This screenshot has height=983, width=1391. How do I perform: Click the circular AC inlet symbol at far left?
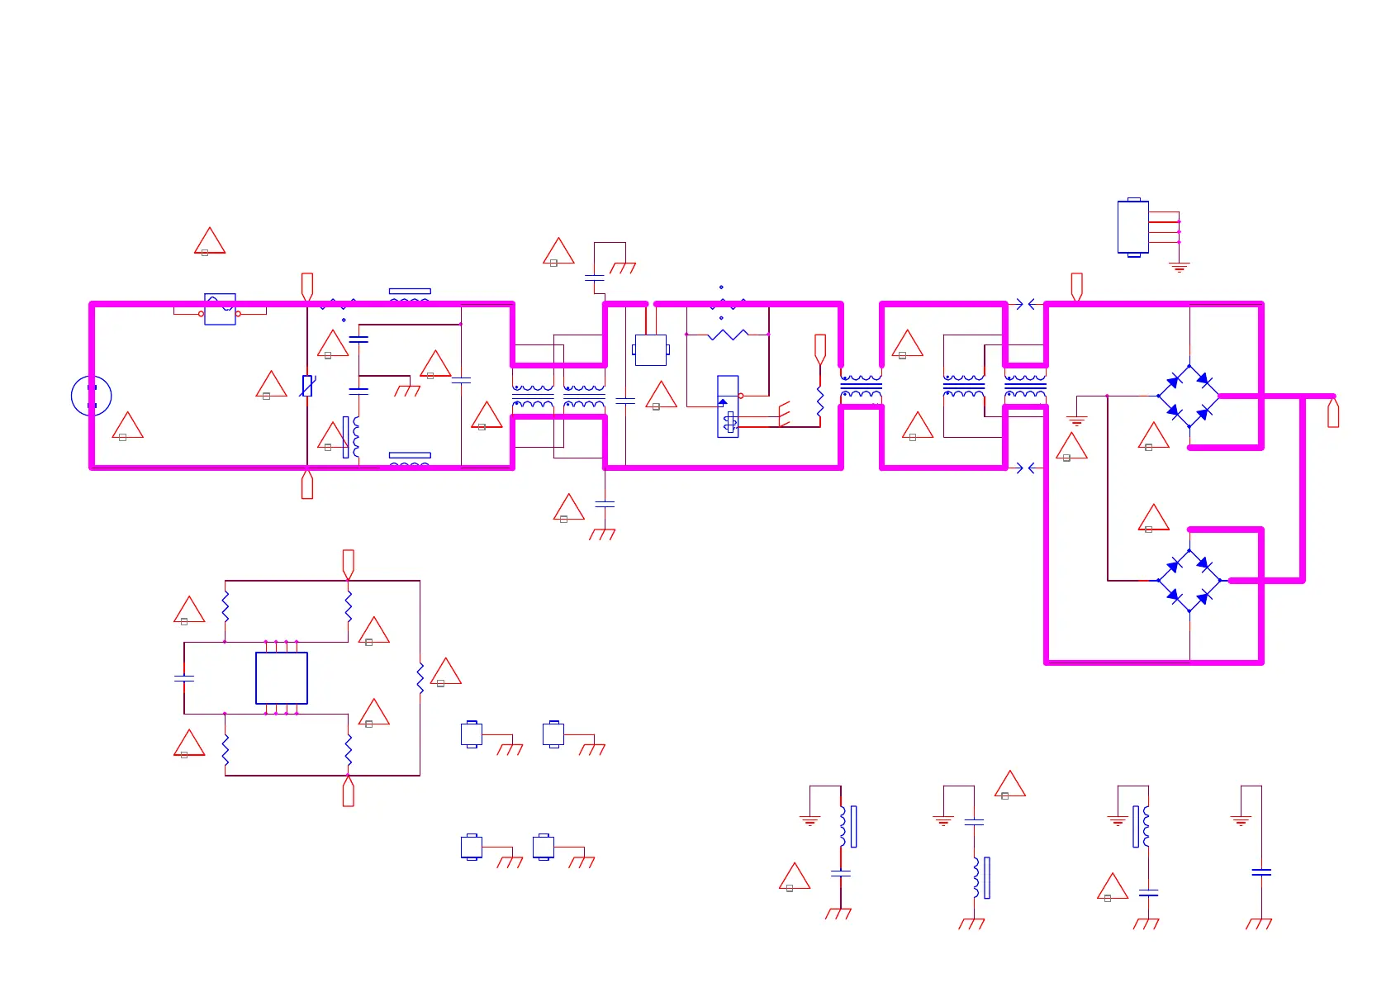[91, 396]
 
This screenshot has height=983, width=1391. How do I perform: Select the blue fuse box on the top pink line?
[220, 309]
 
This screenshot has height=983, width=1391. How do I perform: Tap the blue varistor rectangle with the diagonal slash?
[307, 386]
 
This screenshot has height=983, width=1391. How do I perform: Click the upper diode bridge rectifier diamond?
[1189, 397]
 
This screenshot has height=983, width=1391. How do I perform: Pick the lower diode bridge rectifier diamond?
[1189, 581]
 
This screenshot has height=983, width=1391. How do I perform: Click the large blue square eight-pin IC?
[282, 678]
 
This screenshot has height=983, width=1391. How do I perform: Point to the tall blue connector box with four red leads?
[1132, 227]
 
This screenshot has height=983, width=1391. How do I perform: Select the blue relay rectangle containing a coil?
[728, 406]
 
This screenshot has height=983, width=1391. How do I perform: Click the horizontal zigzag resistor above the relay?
[728, 335]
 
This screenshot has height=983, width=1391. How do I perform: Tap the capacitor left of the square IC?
[184, 678]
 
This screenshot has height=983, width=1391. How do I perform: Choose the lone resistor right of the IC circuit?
[420, 677]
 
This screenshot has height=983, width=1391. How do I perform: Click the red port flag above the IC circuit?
[349, 563]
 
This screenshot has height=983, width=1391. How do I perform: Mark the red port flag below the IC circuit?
[349, 791]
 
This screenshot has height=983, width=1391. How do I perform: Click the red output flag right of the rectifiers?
[1332, 413]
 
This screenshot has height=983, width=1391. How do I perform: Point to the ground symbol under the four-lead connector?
[1179, 267]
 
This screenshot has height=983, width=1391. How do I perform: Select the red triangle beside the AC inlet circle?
[127, 426]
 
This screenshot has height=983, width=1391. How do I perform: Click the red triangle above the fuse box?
[210, 242]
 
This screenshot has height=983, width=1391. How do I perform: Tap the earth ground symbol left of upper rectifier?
[1075, 420]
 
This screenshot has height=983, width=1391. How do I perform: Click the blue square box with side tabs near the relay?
[651, 350]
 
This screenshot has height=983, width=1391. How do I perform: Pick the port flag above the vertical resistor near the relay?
[820, 348]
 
